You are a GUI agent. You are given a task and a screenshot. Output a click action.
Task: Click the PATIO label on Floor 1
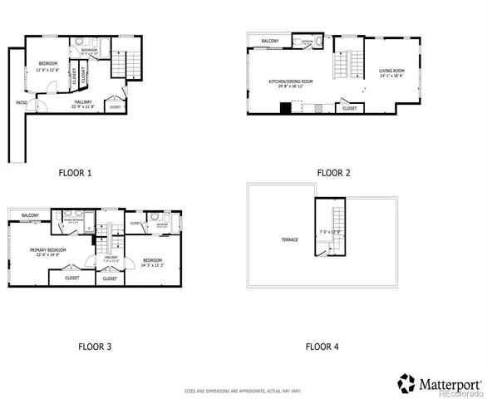pyautogui.click(x=21, y=103)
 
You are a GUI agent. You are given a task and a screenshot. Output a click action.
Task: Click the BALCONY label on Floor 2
pyautogui.click(x=269, y=41)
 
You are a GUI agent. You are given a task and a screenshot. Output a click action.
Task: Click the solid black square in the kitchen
pyautogui.click(x=285, y=107)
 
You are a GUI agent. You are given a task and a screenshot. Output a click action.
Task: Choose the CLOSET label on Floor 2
pyautogui.click(x=350, y=108)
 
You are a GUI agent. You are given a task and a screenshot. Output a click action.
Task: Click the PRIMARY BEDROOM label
pyautogui.click(x=47, y=249)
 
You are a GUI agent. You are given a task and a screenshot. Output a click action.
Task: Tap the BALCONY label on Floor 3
pyautogui.click(x=31, y=214)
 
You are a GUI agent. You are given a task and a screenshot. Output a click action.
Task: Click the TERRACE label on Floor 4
pyautogui.click(x=289, y=240)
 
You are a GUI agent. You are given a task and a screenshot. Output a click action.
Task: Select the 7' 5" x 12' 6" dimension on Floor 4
pyautogui.click(x=330, y=232)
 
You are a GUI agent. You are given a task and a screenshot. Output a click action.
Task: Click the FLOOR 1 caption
pyautogui.click(x=75, y=173)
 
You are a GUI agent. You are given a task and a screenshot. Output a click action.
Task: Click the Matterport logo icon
pyautogui.click(x=406, y=383)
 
